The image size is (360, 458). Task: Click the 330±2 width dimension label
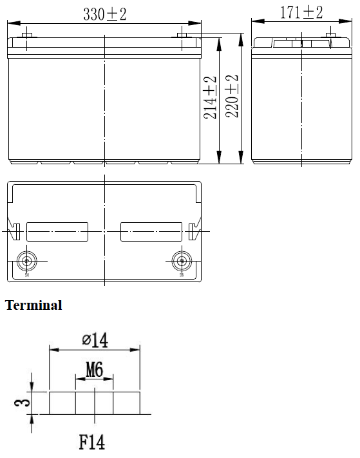pyautogui.click(x=105, y=14)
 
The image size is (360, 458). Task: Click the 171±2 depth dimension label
pyautogui.click(x=301, y=12)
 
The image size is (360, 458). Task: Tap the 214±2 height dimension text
pyautogui.click(x=210, y=98)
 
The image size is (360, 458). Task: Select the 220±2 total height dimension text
pyautogui.click(x=232, y=96)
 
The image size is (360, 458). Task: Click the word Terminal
pyautogui.click(x=33, y=305)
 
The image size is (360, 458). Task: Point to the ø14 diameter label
pyautogui.click(x=95, y=339)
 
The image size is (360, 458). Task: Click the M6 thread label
pyautogui.click(x=94, y=369)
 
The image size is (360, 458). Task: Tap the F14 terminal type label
pyautogui.click(x=91, y=443)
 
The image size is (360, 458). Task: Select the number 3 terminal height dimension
pyautogui.click(x=23, y=403)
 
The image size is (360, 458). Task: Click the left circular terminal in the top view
pyautogui.click(x=27, y=261)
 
